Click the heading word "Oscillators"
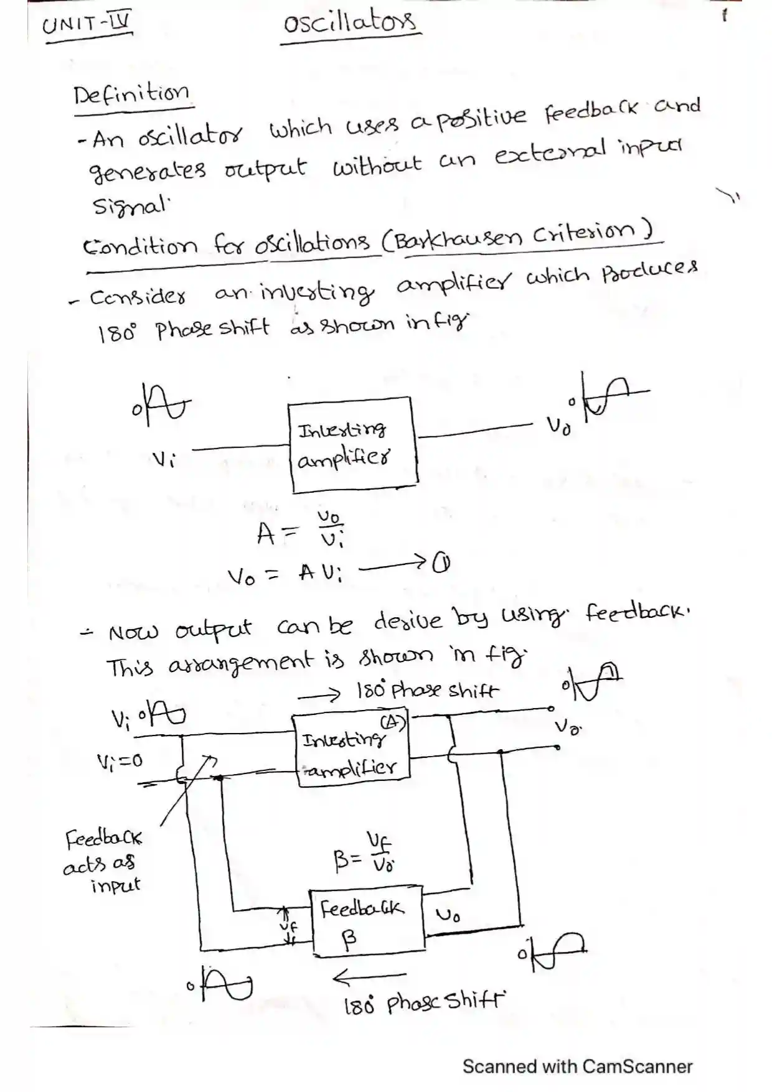pos(349,24)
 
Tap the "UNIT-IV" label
pos(87,26)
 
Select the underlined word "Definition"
pos(131,95)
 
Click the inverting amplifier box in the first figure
pos(352,445)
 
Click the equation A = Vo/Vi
pos(301,533)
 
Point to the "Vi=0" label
pos(120,760)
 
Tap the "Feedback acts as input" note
pos(104,862)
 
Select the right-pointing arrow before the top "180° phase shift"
pos(319,694)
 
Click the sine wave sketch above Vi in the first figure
pos(161,405)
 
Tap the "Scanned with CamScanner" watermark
pos(577,1066)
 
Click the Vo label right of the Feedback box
pos(448,915)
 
